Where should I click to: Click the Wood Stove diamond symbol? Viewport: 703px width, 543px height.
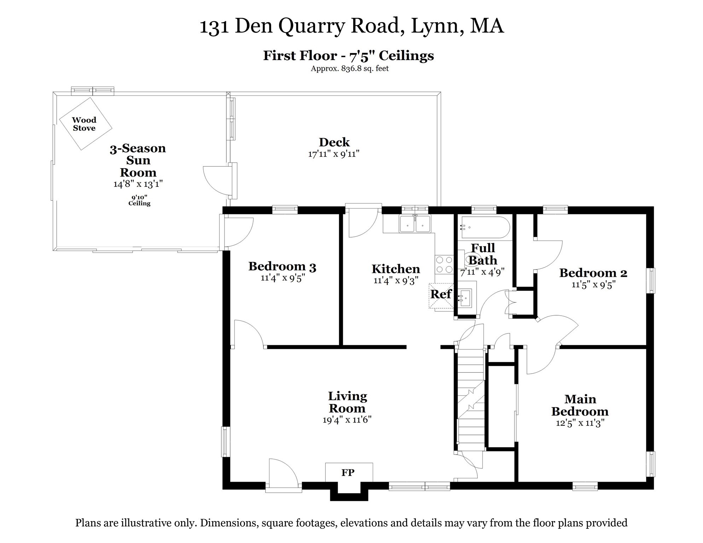click(x=85, y=124)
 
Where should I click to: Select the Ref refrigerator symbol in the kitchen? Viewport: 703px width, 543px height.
click(x=441, y=295)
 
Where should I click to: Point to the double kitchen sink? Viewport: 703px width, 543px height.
click(x=415, y=224)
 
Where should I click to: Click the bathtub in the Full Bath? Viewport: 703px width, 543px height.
click(x=484, y=228)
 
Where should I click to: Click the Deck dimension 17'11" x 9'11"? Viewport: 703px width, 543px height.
click(x=334, y=154)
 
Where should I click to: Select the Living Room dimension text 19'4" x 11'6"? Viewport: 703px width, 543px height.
click(x=347, y=420)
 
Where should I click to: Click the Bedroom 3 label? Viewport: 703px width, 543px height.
click(x=282, y=267)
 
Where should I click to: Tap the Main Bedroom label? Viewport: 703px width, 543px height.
click(x=580, y=405)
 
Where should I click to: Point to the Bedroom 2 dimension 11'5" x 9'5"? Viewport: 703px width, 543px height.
click(x=594, y=285)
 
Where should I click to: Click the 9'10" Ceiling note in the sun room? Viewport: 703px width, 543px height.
click(x=139, y=200)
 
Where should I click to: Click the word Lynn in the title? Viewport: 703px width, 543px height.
click(x=437, y=26)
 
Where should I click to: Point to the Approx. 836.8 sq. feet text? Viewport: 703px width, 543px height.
click(x=349, y=69)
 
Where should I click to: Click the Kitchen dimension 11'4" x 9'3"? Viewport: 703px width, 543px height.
click(x=396, y=281)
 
